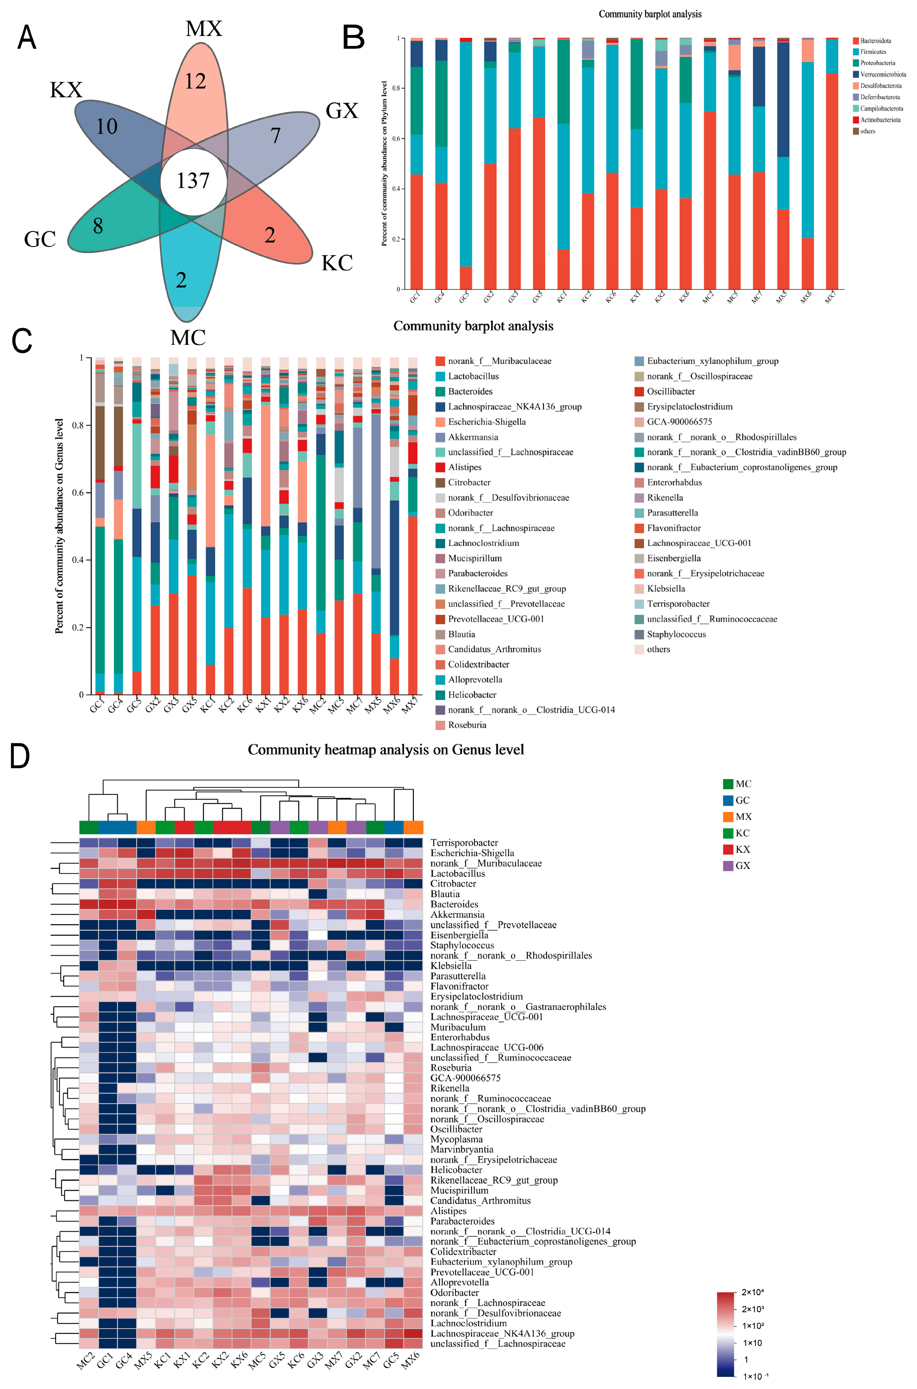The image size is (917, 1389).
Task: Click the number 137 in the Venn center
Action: coord(193,181)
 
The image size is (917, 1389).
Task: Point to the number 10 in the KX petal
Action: coord(106,127)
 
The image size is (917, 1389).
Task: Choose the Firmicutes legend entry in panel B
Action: coord(872,52)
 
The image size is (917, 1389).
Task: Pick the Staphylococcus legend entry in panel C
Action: coord(676,634)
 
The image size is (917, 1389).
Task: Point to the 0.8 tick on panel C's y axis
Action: coord(78,425)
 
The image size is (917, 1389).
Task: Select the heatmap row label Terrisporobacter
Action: coord(464,843)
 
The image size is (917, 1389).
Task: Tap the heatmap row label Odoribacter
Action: coord(455,1292)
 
